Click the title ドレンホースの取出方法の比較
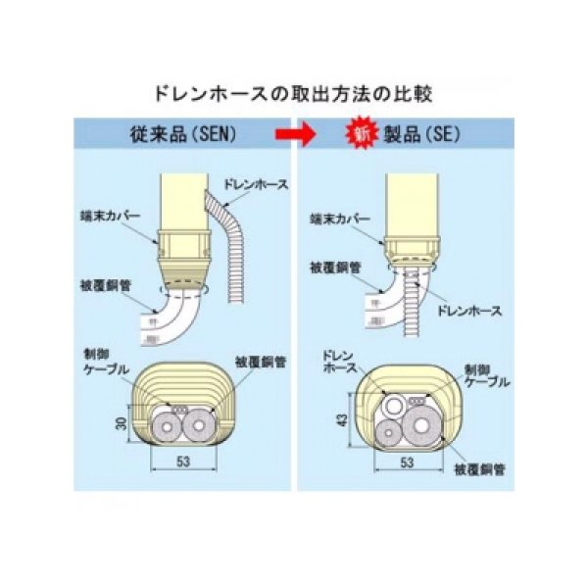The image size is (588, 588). point(293,95)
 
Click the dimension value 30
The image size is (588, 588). point(116,425)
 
